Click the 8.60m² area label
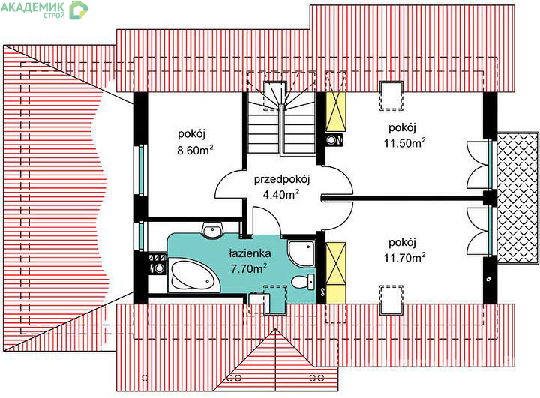click(195, 150)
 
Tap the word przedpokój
click(282, 180)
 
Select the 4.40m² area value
click(280, 195)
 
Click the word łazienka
click(250, 253)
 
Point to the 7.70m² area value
click(249, 268)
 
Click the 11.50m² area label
click(404, 142)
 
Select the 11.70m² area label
click(404, 257)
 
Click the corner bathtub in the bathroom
click(194, 276)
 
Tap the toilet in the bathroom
click(303, 281)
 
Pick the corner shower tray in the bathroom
click(301, 253)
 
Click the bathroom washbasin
click(213, 230)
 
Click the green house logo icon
click(78, 10)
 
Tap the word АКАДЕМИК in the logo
click(33, 7)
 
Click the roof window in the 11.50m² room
click(391, 96)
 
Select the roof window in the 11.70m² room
click(391, 300)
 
